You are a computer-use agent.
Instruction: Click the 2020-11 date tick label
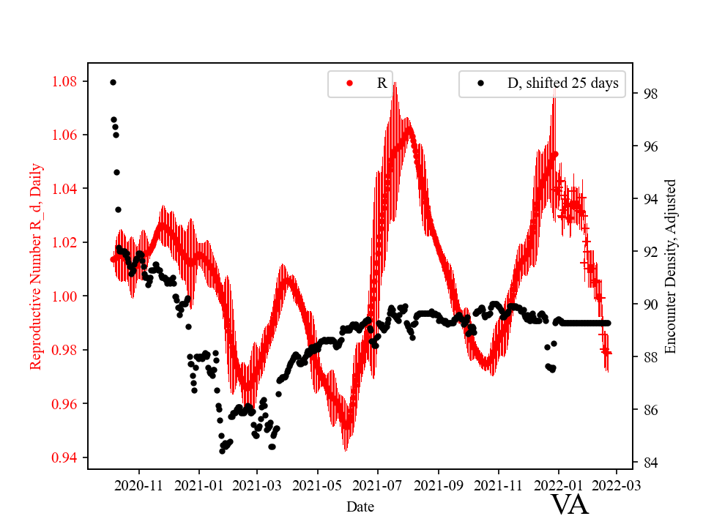(x=138, y=485)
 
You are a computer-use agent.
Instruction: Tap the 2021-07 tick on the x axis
(x=378, y=485)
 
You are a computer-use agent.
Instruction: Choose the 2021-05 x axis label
(x=318, y=485)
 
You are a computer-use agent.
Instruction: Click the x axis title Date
(x=361, y=507)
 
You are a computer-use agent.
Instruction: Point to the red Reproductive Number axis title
(x=36, y=266)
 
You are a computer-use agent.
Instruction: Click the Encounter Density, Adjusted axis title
(x=671, y=266)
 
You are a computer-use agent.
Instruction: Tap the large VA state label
(x=569, y=505)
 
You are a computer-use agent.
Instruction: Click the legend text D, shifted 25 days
(x=562, y=83)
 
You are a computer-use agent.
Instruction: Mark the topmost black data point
(x=113, y=82)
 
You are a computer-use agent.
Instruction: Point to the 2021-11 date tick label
(x=498, y=485)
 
